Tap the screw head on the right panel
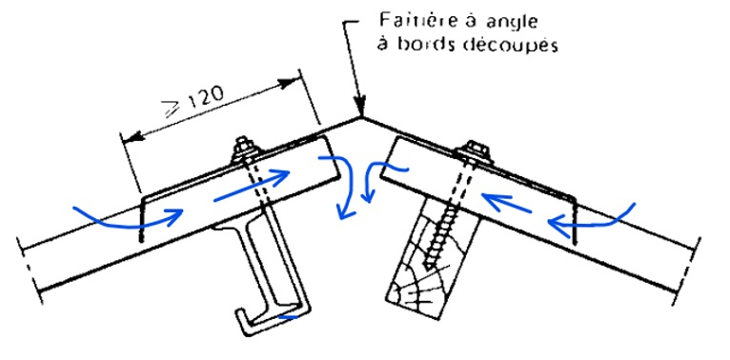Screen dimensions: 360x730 [473, 150]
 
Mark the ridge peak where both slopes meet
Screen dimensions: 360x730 [363, 118]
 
